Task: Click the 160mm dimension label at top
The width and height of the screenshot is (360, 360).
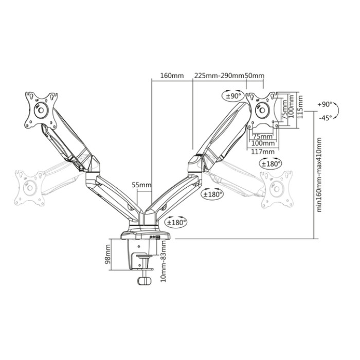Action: pyautogui.click(x=172, y=76)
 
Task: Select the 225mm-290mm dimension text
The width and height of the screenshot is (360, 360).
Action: pyautogui.click(x=219, y=76)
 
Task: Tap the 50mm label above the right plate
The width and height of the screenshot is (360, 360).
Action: pyautogui.click(x=255, y=76)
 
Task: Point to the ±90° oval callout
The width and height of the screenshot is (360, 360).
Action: pyautogui.click(x=233, y=96)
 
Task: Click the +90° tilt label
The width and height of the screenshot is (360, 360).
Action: pyautogui.click(x=325, y=104)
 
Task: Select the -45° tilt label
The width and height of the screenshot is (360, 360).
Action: pyautogui.click(x=326, y=118)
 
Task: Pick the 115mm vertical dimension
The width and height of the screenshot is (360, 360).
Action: pyautogui.click(x=300, y=107)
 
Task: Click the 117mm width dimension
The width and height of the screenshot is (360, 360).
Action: pyautogui.click(x=263, y=152)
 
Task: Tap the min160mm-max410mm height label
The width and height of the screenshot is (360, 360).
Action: pyautogui.click(x=319, y=175)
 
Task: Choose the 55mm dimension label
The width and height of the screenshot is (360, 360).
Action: pyautogui.click(x=141, y=185)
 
